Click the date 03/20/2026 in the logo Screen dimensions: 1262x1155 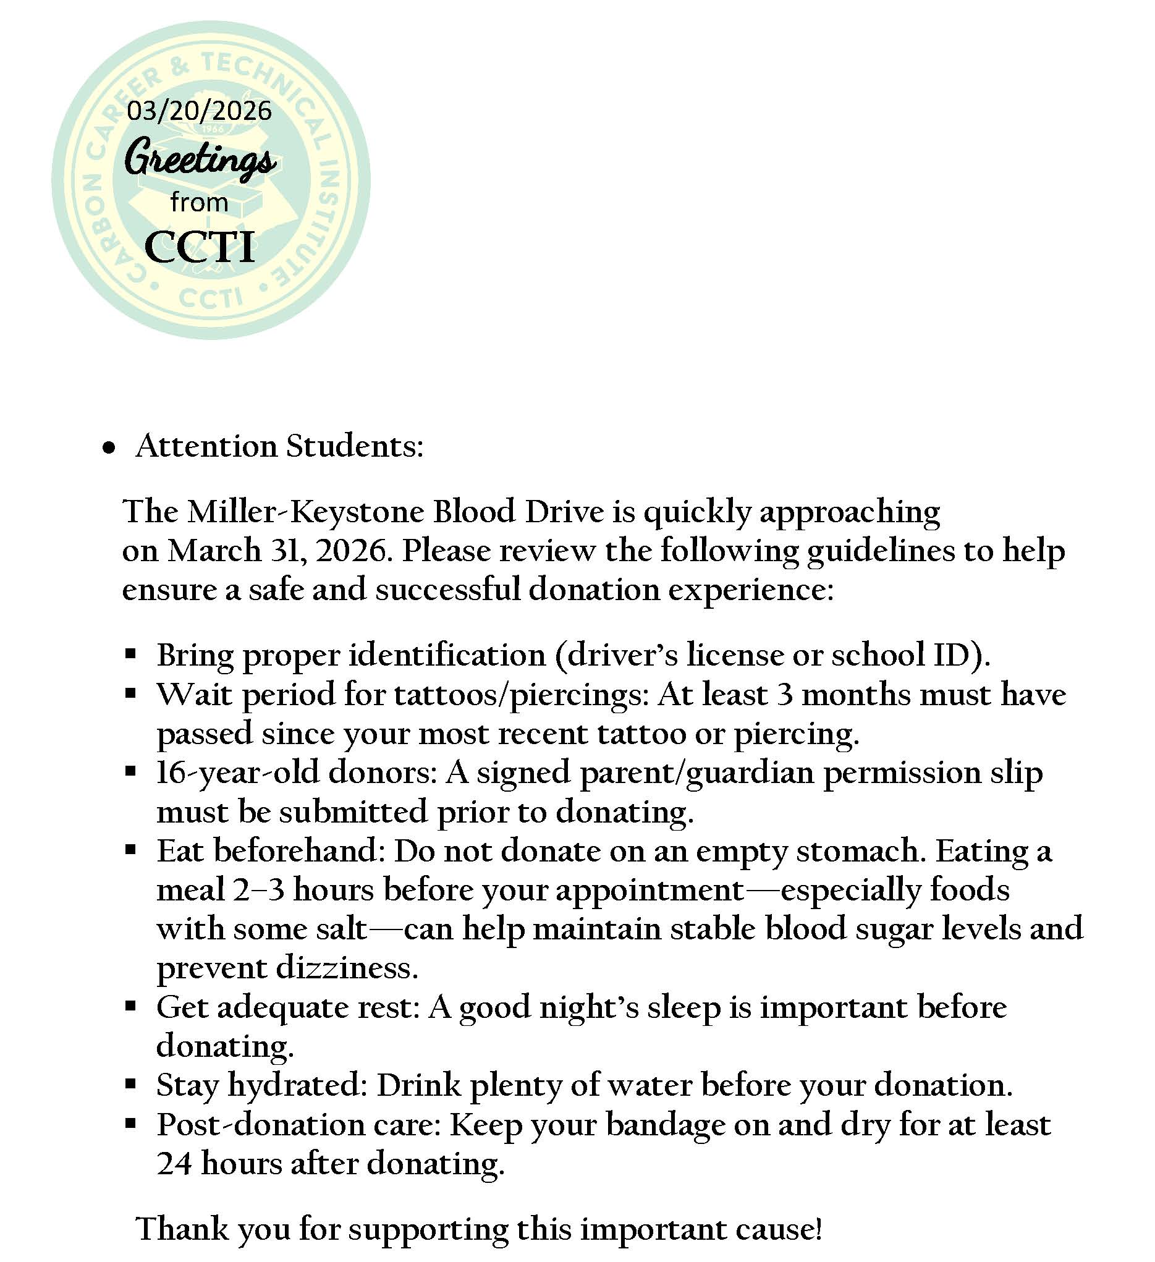[199, 111]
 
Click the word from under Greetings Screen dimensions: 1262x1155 [199, 203]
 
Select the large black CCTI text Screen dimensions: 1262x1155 [200, 247]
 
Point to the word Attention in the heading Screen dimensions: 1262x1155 [206, 446]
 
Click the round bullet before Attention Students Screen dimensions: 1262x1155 [109, 448]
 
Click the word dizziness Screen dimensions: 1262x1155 [347, 968]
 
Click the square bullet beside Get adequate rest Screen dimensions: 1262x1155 [130, 1007]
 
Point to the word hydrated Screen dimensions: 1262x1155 [297, 1085]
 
